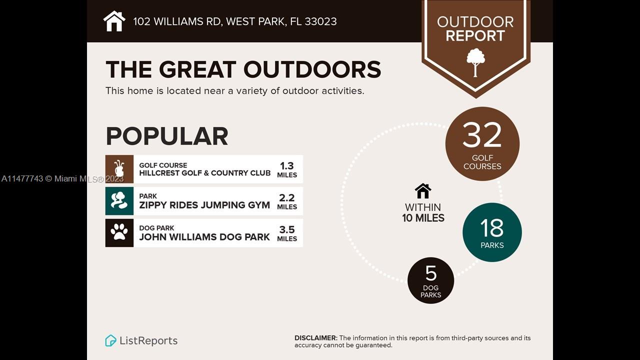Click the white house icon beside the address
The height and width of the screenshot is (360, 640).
114,21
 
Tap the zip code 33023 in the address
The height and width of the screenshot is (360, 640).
320,21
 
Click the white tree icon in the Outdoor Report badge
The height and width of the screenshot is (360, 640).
475,62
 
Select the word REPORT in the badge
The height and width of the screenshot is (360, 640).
475,36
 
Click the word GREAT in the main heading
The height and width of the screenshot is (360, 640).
197,69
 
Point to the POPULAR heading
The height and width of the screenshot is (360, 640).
167,136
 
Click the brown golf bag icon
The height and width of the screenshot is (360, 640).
119,169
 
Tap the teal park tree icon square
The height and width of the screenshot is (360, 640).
119,201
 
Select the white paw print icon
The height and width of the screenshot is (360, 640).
119,231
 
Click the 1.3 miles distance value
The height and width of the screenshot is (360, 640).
287,169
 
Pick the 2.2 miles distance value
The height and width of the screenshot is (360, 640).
287,201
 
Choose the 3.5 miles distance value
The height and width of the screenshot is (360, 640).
287,233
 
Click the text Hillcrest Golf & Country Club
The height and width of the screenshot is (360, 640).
205,173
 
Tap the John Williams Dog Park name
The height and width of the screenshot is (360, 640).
204,237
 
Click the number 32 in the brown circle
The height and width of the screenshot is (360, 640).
482,135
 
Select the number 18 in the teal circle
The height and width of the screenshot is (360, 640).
492,228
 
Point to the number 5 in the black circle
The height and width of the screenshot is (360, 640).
431,273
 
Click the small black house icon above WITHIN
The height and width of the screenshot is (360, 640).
423,191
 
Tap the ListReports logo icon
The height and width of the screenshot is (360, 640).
110,340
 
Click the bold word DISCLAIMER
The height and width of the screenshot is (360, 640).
316,338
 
